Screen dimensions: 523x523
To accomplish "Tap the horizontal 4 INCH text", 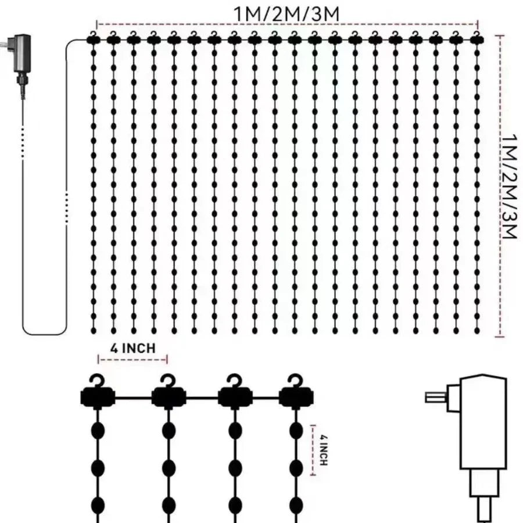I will pyautogui.click(x=133, y=348).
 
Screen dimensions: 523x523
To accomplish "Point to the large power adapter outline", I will pyautogui.click(x=480, y=430).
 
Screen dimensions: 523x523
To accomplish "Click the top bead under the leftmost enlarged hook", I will pyautogui.click(x=98, y=431).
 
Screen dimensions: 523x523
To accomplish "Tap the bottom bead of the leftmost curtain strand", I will pyautogui.click(x=94, y=329).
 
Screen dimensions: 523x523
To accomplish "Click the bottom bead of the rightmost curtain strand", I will pyautogui.click(x=477, y=329).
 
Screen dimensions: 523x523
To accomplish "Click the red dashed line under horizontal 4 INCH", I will pyautogui.click(x=137, y=360).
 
